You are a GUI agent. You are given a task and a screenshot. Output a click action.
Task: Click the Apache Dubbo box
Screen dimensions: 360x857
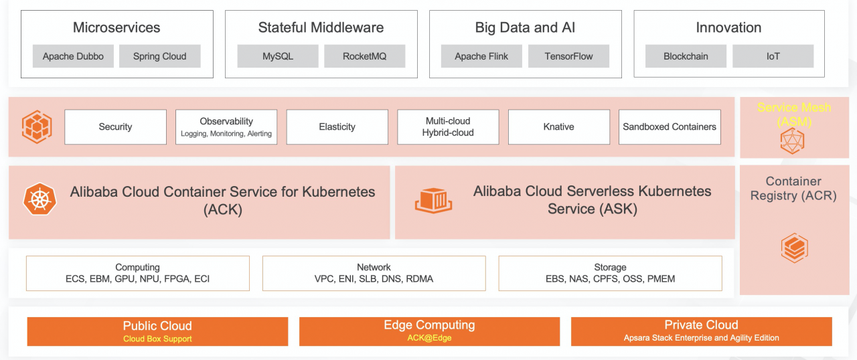point(73,56)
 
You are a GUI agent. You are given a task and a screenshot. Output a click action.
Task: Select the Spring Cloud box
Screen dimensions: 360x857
point(159,56)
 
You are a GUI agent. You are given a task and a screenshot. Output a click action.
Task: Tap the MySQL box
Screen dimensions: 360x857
point(278,56)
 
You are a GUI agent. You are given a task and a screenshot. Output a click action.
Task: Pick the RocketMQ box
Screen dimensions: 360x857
point(364,56)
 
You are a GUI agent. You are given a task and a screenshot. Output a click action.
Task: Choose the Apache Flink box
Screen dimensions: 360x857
point(481,56)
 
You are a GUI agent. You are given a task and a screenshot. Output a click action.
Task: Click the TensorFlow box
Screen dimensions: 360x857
point(568,56)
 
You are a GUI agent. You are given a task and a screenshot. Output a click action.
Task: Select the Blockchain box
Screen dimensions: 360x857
point(686,56)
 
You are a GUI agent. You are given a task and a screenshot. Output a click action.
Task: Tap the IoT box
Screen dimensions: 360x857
point(773,56)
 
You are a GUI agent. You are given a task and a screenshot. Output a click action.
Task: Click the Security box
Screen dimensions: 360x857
point(115,127)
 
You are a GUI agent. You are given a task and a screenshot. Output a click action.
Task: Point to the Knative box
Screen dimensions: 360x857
point(559,127)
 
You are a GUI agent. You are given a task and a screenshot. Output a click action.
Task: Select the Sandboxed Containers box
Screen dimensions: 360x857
point(670,127)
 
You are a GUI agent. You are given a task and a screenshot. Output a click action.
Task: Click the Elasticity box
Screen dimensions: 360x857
point(337,127)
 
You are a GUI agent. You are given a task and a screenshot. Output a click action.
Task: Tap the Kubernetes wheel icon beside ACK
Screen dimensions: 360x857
point(40,199)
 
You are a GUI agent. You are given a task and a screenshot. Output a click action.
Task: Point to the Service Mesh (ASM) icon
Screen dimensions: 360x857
point(792,141)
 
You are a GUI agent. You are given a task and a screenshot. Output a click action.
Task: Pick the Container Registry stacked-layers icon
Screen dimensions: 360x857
point(795,248)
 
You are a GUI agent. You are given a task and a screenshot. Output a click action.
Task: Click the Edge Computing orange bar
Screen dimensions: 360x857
point(429,331)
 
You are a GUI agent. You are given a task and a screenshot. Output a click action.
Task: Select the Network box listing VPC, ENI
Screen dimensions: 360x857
point(374,273)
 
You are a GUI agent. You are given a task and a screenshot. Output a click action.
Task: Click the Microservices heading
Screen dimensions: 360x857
point(116,27)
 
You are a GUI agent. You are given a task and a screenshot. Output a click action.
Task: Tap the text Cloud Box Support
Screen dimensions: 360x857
point(157,339)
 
